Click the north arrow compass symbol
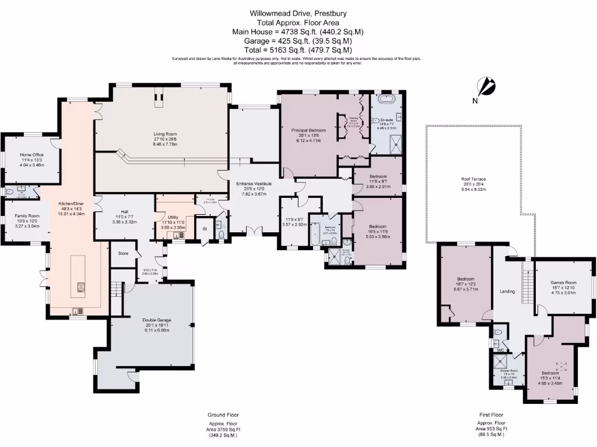pos(486,87)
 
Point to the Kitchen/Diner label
pos(71,204)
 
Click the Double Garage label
pos(156,320)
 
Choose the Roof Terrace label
pos(473,179)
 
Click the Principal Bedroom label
pos(308,130)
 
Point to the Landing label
pos(507,291)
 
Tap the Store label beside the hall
pos(123,253)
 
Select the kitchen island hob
pos(79,286)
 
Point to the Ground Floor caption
pos(223,415)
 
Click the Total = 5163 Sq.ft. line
pos(298,50)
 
